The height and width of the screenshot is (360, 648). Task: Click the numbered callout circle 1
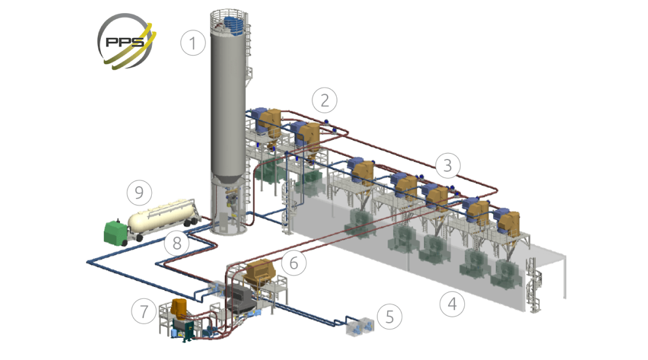[x=193, y=43]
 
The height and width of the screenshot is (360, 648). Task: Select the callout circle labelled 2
[x=325, y=100]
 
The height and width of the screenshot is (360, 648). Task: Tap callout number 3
[x=448, y=166]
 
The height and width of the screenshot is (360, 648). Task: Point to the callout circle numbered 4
[x=452, y=304]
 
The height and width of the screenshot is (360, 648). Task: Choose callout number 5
[x=389, y=317]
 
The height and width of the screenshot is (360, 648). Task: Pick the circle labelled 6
[x=294, y=262]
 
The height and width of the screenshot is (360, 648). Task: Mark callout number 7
[x=144, y=311]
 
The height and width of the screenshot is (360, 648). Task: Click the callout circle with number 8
[x=177, y=243]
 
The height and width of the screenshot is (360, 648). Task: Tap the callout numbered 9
[x=139, y=193]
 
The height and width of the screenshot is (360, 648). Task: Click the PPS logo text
[x=125, y=42]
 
